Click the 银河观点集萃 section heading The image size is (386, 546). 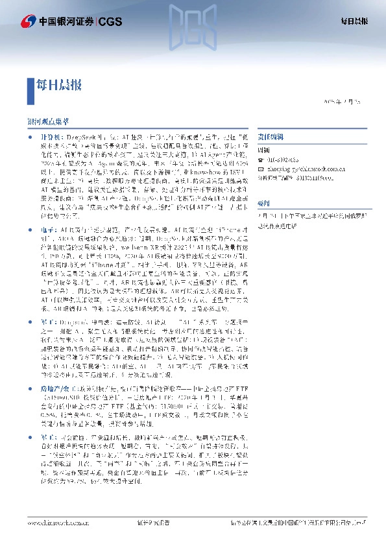click(48, 121)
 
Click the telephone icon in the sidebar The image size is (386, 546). click(261, 160)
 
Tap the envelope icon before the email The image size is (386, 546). click(261, 167)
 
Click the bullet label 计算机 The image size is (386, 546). click(49, 137)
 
